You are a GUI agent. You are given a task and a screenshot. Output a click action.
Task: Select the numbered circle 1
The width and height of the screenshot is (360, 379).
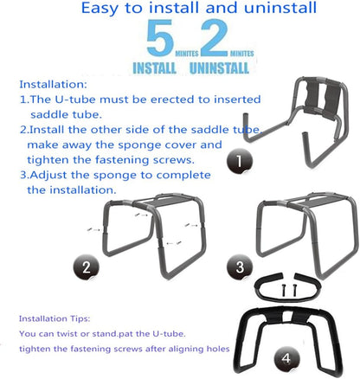click(241, 160)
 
